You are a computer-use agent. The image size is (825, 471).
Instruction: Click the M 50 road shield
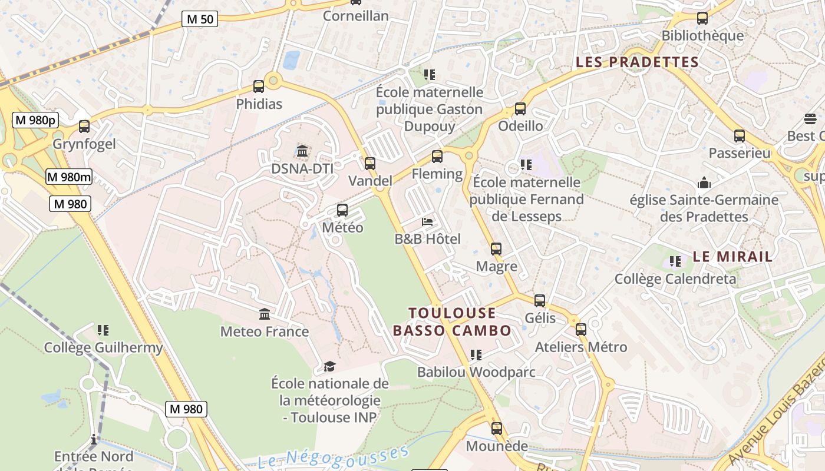[200, 19]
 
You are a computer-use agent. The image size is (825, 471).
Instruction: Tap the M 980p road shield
[35, 120]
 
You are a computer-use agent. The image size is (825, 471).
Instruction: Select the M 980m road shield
[69, 177]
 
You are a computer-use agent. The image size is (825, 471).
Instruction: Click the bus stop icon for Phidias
[259, 87]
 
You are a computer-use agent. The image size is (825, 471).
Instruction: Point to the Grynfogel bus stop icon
[84, 127]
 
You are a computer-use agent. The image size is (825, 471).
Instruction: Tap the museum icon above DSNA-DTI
[302, 151]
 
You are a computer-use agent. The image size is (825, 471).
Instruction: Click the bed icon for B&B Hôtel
[428, 222]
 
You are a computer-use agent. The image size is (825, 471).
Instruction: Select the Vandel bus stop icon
[369, 164]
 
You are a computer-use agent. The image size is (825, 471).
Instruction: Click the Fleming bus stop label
[437, 174]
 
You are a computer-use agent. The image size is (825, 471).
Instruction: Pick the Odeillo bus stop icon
[520, 109]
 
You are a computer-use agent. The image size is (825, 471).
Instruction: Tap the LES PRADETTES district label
[637, 62]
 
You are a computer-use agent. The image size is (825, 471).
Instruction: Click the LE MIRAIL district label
[732, 257]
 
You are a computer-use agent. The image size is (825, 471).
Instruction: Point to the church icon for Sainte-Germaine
[704, 183]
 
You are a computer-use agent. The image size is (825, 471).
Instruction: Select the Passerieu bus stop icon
[739, 136]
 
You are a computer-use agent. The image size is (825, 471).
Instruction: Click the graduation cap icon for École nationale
[329, 367]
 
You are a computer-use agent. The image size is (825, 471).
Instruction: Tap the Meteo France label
[265, 331]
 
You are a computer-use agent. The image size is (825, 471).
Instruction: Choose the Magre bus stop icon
[496, 249]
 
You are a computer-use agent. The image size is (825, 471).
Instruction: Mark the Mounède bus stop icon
[497, 429]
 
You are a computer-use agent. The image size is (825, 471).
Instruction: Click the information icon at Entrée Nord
[93, 439]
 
